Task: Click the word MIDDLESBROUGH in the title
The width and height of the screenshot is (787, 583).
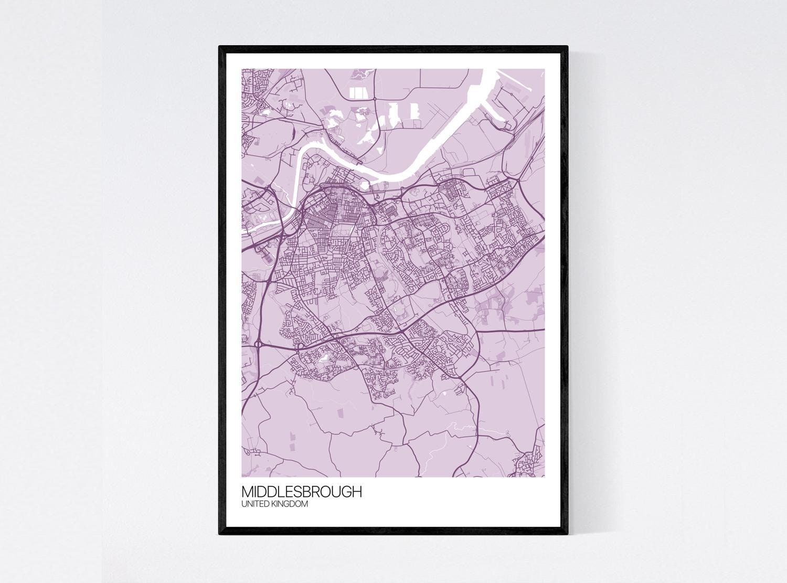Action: tap(301, 492)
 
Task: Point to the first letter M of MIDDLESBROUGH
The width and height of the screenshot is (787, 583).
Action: tap(247, 492)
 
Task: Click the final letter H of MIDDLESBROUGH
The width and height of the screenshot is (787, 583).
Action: tap(357, 492)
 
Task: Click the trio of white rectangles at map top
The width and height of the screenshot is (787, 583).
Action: tap(359, 93)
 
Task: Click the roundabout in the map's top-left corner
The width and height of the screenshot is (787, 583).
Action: tap(261, 105)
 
